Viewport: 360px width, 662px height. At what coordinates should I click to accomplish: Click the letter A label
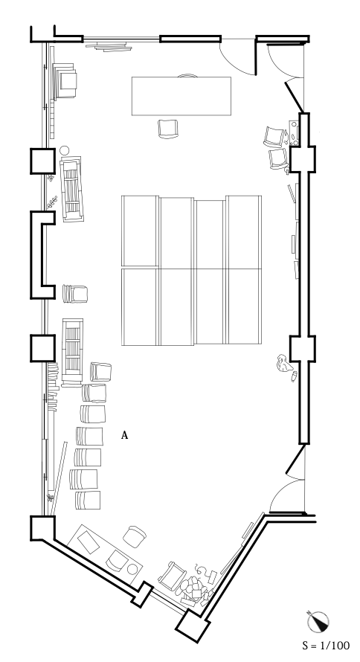coord(124,435)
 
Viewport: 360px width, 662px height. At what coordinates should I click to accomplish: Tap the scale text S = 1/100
coord(326,646)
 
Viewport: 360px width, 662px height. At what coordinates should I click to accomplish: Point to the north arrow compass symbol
coord(318,622)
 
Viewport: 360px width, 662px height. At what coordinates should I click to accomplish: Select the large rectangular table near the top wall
coord(181,96)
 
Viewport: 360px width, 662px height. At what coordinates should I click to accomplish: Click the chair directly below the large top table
coord(168,129)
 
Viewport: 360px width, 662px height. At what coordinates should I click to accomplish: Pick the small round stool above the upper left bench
coord(64,150)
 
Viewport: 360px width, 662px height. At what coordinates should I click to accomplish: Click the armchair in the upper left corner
coord(65,80)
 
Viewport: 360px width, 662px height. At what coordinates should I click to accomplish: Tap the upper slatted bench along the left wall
coord(71,189)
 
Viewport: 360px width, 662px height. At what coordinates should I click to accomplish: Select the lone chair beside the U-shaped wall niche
coord(75,294)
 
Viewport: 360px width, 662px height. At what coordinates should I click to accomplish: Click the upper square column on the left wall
coord(42,161)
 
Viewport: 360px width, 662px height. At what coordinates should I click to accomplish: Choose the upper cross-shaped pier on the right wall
coord(302,158)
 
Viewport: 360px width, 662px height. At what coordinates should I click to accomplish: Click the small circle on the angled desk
coord(132,569)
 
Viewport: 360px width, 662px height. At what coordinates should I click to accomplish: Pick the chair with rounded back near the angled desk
coord(135,536)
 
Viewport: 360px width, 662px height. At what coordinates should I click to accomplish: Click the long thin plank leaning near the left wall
coord(59,478)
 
